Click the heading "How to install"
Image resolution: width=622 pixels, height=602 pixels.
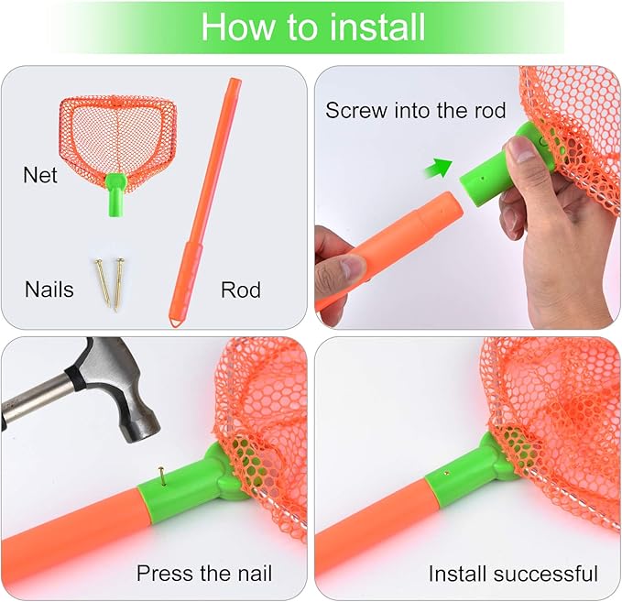point(312,27)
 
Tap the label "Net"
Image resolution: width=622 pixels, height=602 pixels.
point(40,174)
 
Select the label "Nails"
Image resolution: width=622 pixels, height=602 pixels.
point(49,290)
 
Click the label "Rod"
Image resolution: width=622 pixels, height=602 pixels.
point(240,290)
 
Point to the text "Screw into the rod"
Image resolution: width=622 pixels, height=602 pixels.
point(415,111)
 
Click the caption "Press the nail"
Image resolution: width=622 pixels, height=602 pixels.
point(204,575)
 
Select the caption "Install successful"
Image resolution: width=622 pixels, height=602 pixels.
point(513,575)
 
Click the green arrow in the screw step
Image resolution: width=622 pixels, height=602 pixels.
point(442,168)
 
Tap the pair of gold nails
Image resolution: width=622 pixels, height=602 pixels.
point(108,283)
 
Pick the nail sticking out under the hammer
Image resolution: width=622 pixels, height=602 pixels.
point(161,475)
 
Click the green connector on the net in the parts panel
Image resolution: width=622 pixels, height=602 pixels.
point(116,196)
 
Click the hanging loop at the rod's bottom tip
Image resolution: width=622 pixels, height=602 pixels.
point(174,320)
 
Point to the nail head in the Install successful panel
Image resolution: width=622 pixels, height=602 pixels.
point(446,474)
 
